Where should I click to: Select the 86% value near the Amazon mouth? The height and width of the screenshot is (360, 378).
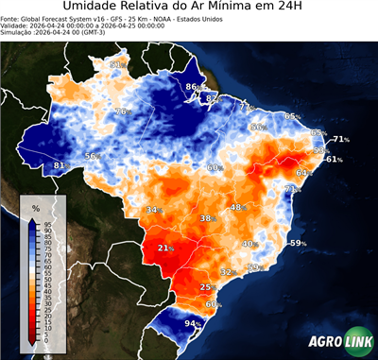click(x=193, y=87)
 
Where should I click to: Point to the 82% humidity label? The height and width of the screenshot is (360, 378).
click(x=212, y=98)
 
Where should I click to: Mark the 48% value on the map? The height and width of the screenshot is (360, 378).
click(x=237, y=207)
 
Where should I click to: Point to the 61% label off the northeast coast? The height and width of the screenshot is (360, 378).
click(x=333, y=159)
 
